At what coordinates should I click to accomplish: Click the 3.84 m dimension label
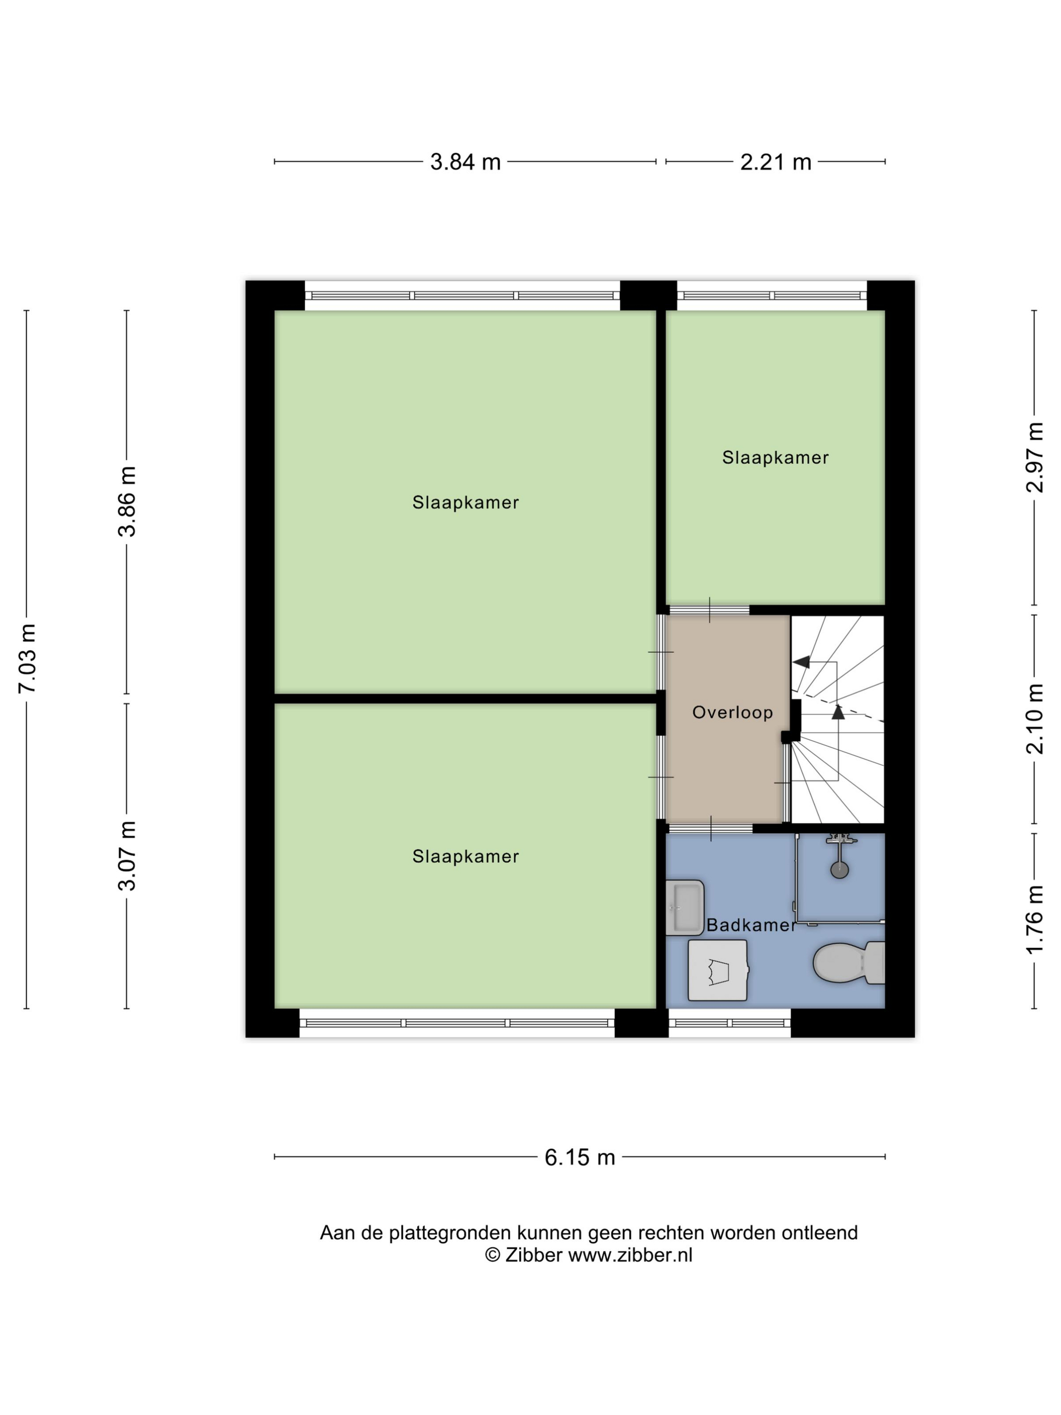[465, 162]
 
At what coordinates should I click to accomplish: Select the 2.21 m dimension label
[775, 162]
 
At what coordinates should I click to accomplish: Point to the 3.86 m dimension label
[127, 501]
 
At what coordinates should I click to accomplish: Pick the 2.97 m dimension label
[1035, 457]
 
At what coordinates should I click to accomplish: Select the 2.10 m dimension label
[1035, 719]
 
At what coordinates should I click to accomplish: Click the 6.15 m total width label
[580, 1157]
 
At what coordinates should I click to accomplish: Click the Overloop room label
[732, 712]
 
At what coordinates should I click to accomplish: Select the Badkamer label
[751, 924]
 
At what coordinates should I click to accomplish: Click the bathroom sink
[684, 907]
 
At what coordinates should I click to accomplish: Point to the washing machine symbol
[717, 970]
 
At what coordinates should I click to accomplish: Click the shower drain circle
[839, 869]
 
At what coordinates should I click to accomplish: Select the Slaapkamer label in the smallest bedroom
[775, 457]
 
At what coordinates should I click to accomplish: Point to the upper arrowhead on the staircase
[801, 662]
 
